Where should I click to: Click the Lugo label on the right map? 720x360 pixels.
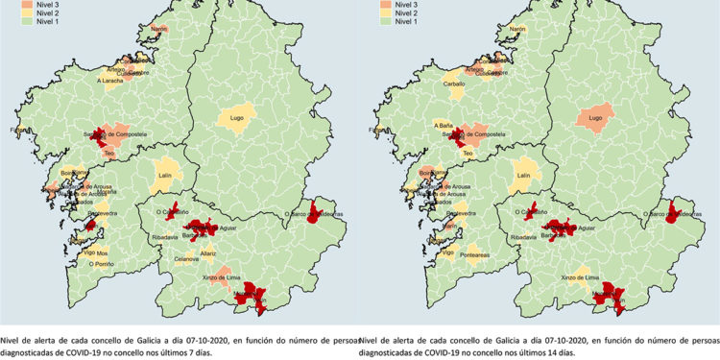click(x=593, y=120)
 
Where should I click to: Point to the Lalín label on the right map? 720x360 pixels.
click(x=522, y=176)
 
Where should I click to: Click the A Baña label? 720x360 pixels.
click(x=443, y=126)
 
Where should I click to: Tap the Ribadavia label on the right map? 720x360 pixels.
click(x=524, y=235)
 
